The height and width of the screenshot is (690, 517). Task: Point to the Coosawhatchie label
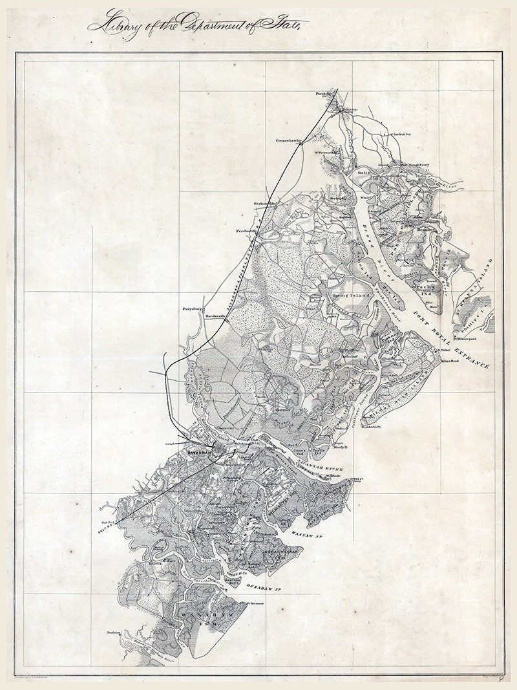[x=289, y=140]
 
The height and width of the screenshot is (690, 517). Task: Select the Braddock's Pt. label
[x=372, y=427]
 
